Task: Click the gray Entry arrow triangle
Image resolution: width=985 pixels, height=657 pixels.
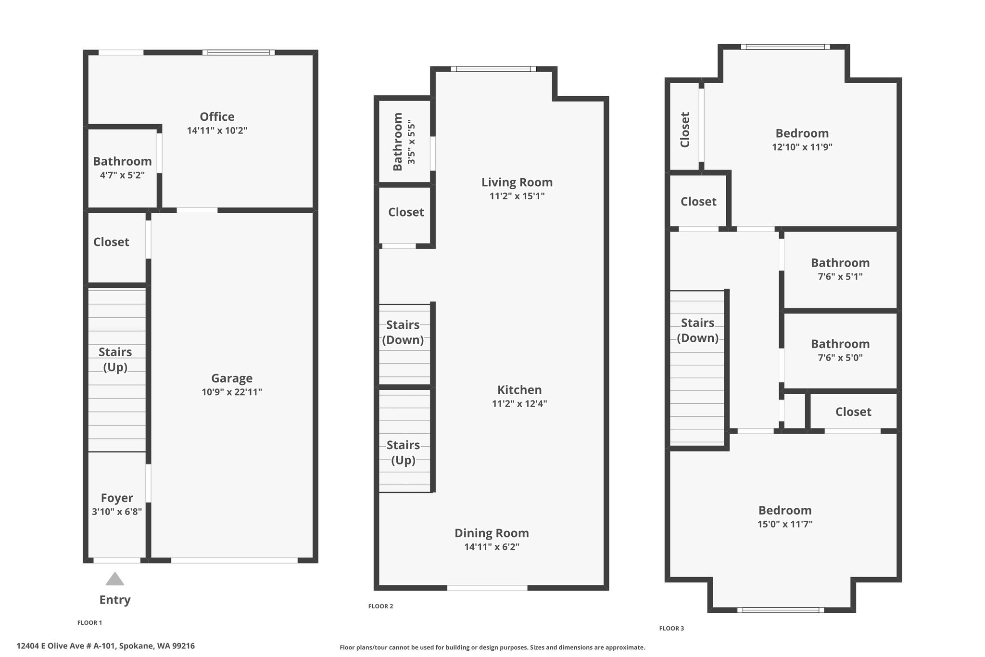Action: pos(115,579)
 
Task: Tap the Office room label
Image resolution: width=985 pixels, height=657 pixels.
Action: pos(217,116)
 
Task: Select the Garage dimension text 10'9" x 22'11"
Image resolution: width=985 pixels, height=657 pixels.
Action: pos(232,392)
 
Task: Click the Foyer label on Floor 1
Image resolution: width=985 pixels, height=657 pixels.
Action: pos(117,498)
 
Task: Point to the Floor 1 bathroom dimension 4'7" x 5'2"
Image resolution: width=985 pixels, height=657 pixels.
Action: pos(122,175)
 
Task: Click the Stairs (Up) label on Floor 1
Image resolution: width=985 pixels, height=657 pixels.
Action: pos(115,360)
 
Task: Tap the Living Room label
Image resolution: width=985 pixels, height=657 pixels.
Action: pos(517,182)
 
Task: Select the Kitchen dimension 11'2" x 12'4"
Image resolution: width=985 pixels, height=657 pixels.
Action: pos(519,404)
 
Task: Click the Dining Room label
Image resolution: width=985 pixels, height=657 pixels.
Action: pos(492,533)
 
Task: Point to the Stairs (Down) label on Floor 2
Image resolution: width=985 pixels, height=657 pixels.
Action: pos(403,333)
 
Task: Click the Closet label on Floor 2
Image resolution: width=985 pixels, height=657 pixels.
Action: pos(406,212)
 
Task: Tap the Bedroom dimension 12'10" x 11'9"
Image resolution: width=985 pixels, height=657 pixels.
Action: pos(802,147)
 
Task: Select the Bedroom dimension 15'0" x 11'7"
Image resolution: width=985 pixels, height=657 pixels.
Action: pos(785,524)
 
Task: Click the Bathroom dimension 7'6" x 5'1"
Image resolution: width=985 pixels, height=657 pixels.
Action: pos(840,277)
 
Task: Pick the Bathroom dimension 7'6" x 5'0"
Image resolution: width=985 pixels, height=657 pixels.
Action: pos(840,358)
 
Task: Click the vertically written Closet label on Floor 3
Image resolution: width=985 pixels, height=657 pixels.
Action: pos(685,129)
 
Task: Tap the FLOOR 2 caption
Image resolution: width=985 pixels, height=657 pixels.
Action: pos(380,606)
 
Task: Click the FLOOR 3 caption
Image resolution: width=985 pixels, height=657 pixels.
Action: pos(671,628)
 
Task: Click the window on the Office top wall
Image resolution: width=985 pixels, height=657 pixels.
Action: pos(239,52)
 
